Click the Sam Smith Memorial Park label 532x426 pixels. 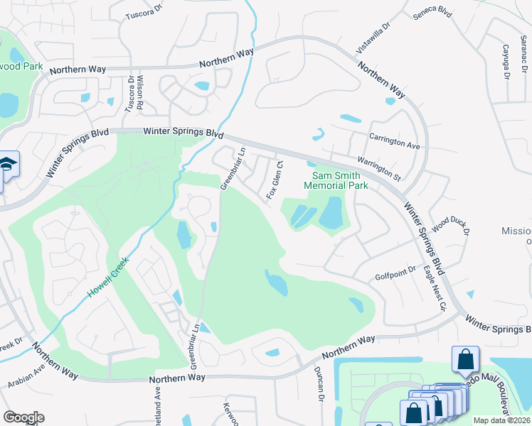[x=336, y=180]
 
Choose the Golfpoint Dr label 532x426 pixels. [x=393, y=276]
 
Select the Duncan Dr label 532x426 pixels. [x=321, y=388]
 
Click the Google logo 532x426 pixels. [x=23, y=417]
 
